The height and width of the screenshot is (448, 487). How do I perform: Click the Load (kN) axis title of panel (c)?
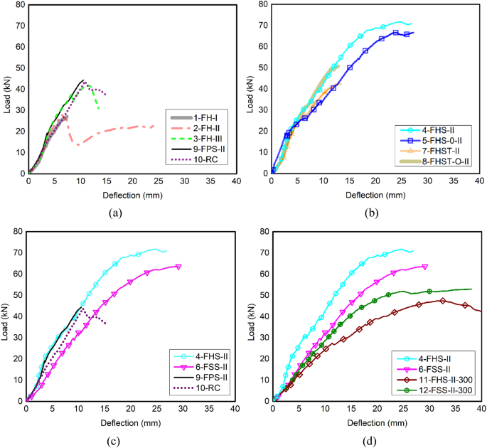tap(7, 316)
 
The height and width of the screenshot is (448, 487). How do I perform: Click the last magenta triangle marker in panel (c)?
tap(178, 267)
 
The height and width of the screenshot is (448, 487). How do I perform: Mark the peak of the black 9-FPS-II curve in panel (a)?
tap(83, 80)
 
